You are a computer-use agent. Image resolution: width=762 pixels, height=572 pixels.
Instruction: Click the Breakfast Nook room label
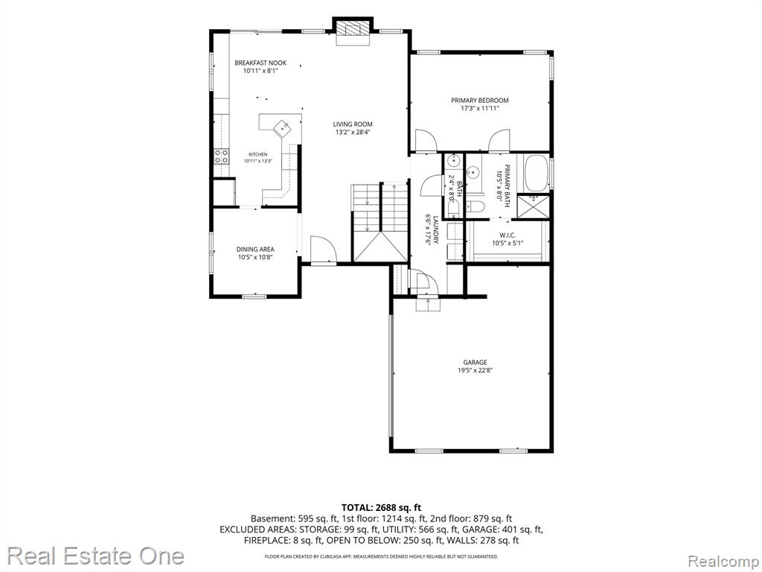[x=260, y=63]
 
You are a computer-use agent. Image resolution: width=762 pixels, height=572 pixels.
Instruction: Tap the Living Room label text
[x=353, y=124]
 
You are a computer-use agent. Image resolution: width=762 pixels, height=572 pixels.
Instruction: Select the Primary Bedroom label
[x=480, y=101]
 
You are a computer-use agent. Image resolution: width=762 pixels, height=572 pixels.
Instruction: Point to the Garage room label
[x=475, y=363]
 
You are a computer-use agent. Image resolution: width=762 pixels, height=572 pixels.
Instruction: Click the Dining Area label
[x=255, y=249]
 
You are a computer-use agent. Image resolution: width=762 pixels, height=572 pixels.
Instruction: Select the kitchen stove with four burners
[x=222, y=156]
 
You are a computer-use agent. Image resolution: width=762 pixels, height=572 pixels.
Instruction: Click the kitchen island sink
[x=282, y=127]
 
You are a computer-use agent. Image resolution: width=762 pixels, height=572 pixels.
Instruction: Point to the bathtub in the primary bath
[x=537, y=173]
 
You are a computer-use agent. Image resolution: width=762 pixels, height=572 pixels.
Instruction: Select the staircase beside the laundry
[x=380, y=223]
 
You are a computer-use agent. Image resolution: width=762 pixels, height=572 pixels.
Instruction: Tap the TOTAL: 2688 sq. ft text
[x=381, y=508]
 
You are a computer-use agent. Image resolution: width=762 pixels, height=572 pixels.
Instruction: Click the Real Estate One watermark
[x=96, y=556]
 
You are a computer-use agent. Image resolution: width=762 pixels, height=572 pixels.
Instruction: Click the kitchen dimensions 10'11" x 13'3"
[x=258, y=161]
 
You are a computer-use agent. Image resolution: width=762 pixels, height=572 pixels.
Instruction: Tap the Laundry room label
[x=436, y=230]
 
